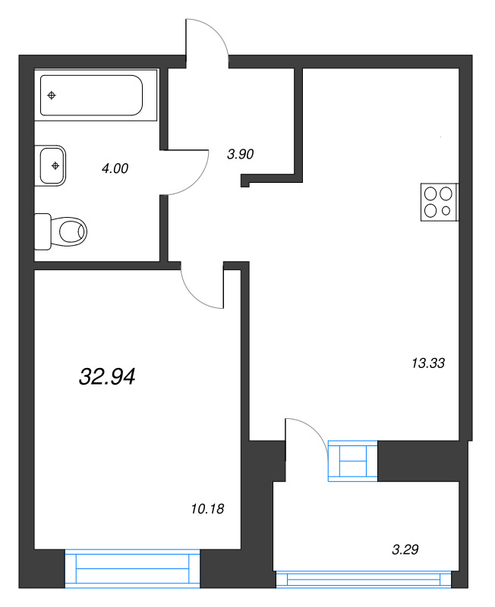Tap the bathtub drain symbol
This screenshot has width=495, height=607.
tap(51, 96)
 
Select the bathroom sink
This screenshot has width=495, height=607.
tap(52, 165)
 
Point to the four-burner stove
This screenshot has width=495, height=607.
tap(439, 203)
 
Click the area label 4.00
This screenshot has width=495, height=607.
tap(115, 168)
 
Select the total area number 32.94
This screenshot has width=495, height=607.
tap(107, 376)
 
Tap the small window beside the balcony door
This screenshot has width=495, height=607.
tap(352, 461)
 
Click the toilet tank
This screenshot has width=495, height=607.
tap(43, 231)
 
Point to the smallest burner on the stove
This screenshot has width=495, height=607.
tap(446, 210)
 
